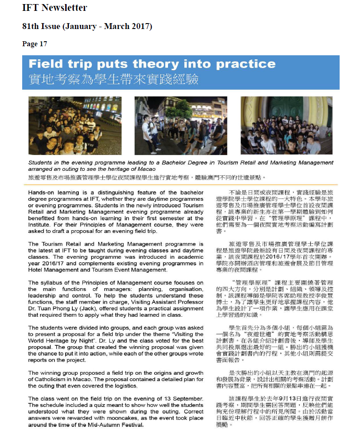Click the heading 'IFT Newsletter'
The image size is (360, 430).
pyautogui.click(x=54, y=8)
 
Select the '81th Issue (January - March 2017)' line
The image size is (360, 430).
pyautogui.click(x=87, y=26)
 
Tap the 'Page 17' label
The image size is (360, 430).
pyautogui.click(x=34, y=44)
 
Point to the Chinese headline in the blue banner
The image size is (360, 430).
pyautogui.click(x=113, y=79)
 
